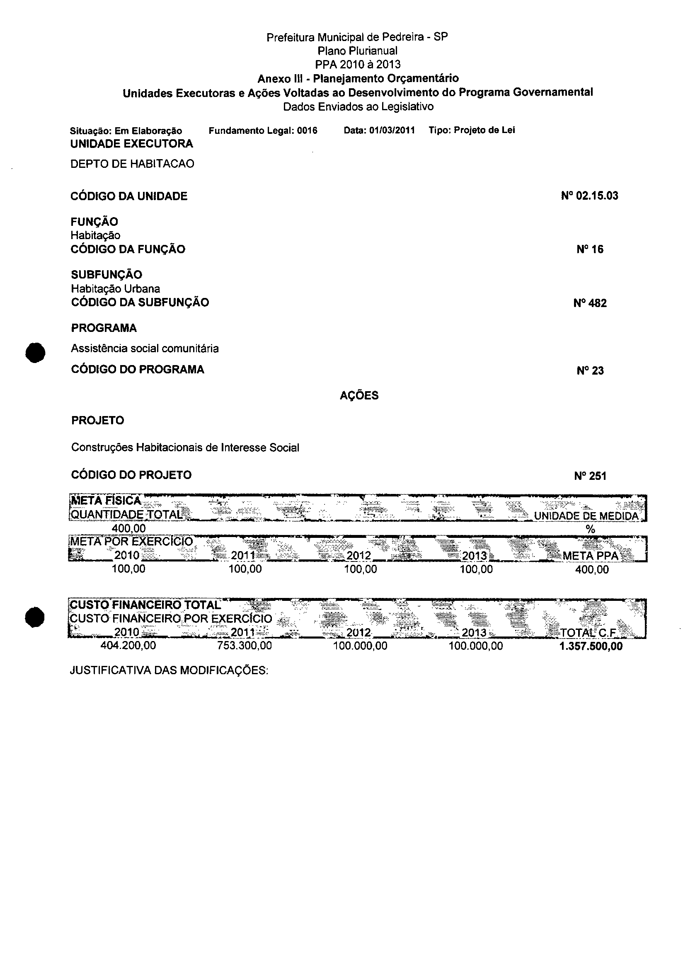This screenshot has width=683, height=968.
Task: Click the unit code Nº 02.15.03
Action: point(589,196)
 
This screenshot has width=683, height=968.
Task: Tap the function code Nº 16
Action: point(590,249)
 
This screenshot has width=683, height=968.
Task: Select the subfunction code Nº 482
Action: point(590,303)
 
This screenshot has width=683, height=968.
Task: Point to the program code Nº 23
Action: point(590,370)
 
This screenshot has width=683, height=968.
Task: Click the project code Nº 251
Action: point(590,476)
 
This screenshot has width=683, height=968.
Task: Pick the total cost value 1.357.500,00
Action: point(591,646)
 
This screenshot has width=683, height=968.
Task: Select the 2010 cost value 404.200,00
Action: point(128,646)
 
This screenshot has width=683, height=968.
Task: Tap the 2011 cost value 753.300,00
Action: point(245,646)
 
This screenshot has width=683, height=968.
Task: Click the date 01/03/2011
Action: point(392,130)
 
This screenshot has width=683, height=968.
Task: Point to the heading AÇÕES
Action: point(359,395)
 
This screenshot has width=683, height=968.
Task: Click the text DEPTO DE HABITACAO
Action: point(132,164)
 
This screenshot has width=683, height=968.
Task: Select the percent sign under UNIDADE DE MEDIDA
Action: point(591,530)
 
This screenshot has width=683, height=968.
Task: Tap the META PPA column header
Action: point(590,556)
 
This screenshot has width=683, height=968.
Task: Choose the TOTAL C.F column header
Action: point(588,633)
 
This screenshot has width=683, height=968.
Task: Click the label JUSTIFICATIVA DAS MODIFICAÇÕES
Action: point(169,670)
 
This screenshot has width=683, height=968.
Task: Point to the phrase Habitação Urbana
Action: point(116,289)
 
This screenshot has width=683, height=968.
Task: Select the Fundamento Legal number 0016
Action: point(307,131)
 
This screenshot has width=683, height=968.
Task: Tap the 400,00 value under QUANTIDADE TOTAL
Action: point(128,528)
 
